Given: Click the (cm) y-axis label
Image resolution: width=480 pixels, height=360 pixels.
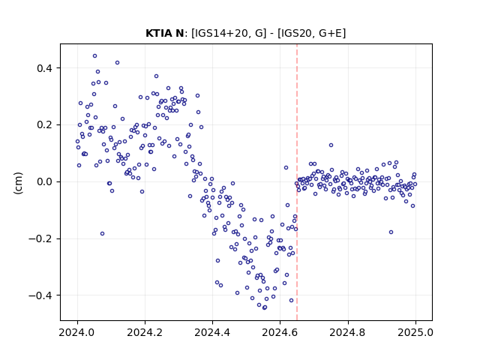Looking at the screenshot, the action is pos(18,183).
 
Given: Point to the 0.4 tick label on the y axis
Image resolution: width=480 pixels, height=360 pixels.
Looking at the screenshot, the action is pos(46,68).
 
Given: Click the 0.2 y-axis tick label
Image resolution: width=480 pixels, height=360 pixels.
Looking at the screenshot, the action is pos(46,125).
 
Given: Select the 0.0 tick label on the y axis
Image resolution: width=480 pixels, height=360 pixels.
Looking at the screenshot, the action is pos(46,181).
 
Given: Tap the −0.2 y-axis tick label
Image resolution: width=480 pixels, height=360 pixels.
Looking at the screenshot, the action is pos(41,238).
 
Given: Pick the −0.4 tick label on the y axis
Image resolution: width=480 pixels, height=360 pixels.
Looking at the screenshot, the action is pos(41,295).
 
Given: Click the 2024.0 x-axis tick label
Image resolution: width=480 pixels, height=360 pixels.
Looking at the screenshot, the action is pos(77,332).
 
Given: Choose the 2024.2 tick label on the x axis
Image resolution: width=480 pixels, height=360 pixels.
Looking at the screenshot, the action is pos(145,332).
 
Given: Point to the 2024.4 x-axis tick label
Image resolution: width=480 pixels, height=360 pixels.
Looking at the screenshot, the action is pos(212,332).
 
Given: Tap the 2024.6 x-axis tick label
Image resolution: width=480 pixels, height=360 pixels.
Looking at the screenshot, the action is pos(280,332).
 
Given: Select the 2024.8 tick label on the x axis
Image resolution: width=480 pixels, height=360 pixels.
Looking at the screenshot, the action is pos(347,332).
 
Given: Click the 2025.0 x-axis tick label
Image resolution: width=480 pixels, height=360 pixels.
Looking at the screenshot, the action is pos(415,332).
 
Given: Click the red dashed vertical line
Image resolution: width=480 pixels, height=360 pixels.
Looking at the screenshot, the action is pos(297,182).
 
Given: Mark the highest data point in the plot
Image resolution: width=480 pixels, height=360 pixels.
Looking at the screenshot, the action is pos(95,56).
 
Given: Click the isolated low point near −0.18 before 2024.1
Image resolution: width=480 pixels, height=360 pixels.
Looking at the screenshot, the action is pos(102,233).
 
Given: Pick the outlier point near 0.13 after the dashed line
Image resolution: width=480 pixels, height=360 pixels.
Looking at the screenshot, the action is pos(331,145).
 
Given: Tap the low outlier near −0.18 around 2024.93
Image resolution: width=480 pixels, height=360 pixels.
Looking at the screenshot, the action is pos(391,232).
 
